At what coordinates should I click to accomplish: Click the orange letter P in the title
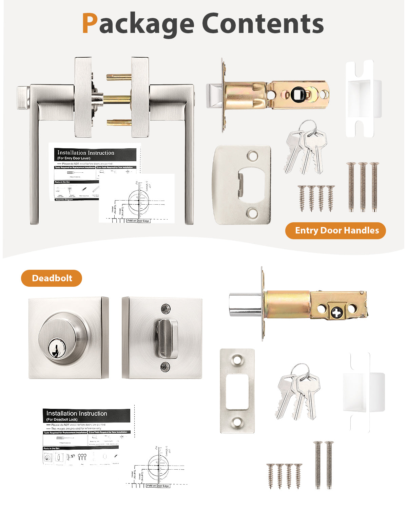click(x=90, y=23)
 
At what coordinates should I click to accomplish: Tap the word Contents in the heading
click(x=263, y=23)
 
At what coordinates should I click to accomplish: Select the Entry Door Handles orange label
click(x=335, y=231)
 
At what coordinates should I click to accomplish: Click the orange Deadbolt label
click(x=52, y=278)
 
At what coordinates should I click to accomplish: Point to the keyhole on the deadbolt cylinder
click(x=54, y=350)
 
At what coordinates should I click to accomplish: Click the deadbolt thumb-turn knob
click(x=167, y=339)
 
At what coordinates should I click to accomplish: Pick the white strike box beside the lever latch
click(x=363, y=98)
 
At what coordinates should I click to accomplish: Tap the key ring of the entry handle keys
click(x=309, y=127)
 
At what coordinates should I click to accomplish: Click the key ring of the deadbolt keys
click(x=301, y=370)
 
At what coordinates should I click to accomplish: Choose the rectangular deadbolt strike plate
click(x=237, y=391)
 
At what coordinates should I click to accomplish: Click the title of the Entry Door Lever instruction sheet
click(x=86, y=153)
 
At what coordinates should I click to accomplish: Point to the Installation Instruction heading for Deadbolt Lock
click(x=77, y=414)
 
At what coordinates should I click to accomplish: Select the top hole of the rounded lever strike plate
click(x=252, y=156)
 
